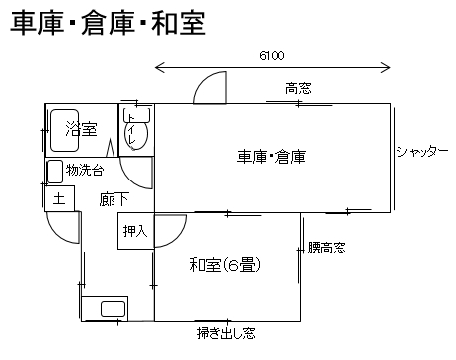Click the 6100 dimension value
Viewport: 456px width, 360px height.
coord(271,56)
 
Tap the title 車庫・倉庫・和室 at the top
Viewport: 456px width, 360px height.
coord(109,23)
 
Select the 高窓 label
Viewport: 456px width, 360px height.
coord(298,88)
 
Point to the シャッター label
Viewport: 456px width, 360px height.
coord(422,152)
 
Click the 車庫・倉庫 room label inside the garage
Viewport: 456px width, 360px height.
coord(271,157)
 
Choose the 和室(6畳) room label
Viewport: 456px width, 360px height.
coord(225,265)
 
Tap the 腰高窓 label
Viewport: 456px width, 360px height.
coord(327,248)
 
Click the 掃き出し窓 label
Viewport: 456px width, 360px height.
coord(226,333)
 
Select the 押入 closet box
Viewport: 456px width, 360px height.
coord(136,231)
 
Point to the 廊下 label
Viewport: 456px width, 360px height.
coord(114,199)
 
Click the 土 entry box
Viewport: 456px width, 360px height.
coord(59,198)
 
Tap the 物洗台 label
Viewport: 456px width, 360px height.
coord(85,171)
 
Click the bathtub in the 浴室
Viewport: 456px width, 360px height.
coord(64,130)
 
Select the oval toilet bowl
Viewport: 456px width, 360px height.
coord(136,134)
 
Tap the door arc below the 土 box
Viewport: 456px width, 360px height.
coord(57,234)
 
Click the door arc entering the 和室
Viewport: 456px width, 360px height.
coord(178,238)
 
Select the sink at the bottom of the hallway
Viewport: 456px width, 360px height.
coord(113,309)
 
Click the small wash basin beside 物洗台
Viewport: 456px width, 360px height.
coord(55,172)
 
